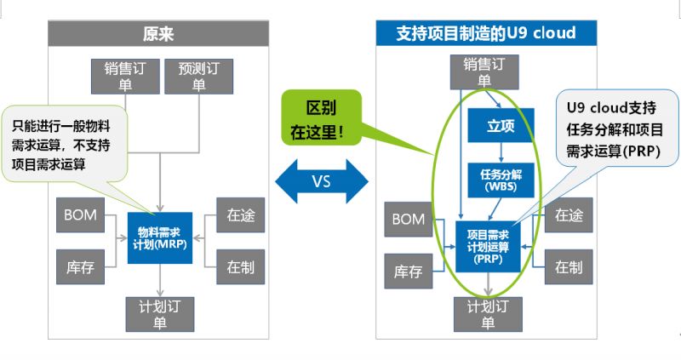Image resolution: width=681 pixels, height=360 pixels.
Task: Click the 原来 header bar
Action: [x=159, y=33]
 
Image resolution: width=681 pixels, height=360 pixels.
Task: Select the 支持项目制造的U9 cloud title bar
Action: [x=485, y=33]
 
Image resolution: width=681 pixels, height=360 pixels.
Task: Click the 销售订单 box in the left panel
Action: [x=124, y=75]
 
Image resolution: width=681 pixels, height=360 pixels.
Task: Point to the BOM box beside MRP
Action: [x=81, y=215]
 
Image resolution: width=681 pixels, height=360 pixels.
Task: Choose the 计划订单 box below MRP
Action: [x=159, y=314]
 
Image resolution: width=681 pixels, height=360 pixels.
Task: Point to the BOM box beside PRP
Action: [x=408, y=220]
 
